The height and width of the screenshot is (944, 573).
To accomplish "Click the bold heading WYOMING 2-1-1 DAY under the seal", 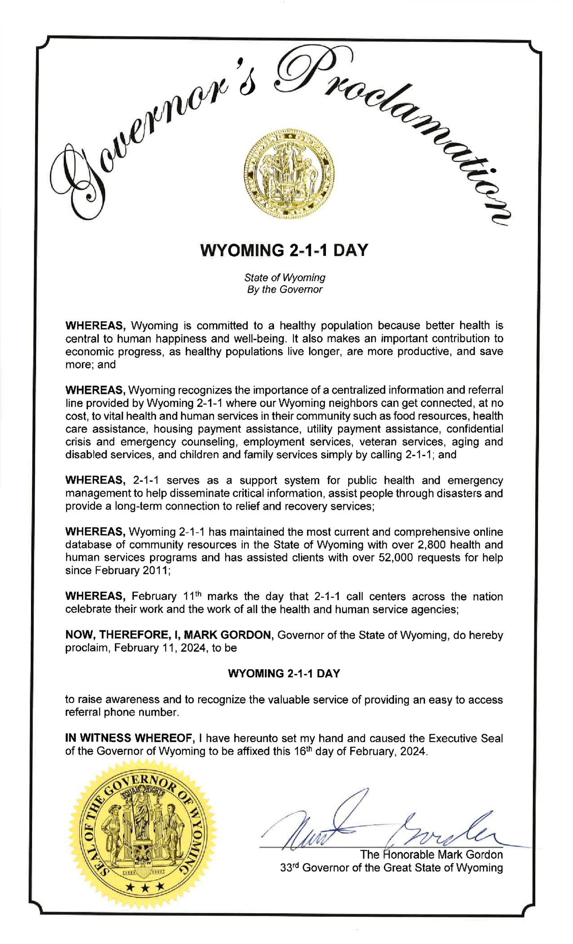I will (284, 251).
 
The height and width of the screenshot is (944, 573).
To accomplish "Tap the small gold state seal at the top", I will (289, 174).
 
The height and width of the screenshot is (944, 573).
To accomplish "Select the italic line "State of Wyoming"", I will (285, 277).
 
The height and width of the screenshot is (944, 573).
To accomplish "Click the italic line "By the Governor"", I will (285, 290).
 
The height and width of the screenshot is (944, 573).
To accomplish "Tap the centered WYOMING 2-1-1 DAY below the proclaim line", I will (284, 673).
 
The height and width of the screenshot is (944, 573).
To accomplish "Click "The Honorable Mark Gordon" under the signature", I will (431, 854).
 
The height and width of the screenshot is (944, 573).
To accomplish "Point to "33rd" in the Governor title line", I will (289, 868).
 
